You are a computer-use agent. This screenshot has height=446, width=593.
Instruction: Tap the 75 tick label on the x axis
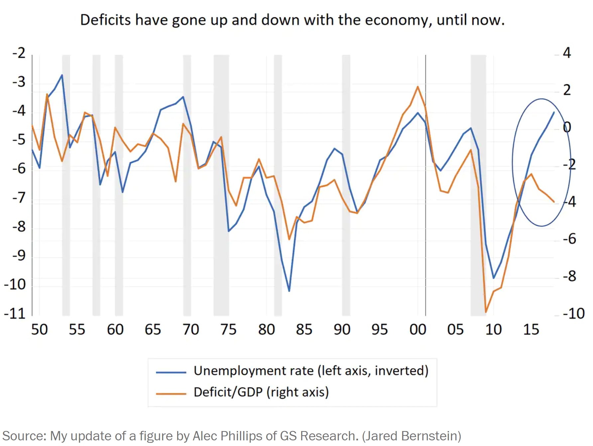[x=228, y=330]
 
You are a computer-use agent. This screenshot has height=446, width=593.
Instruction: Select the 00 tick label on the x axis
[x=418, y=330]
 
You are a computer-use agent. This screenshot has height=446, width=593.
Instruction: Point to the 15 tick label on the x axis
[x=531, y=330]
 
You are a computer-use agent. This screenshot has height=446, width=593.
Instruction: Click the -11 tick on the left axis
[x=15, y=314]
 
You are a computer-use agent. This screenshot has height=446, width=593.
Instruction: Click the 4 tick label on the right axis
[x=567, y=53]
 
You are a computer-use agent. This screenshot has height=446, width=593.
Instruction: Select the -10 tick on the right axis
[x=573, y=314]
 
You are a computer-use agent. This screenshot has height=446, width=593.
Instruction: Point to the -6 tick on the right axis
[x=569, y=239]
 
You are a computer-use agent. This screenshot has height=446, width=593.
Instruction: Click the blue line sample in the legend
[x=171, y=372]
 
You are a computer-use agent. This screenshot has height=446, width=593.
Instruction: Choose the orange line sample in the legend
[x=171, y=394]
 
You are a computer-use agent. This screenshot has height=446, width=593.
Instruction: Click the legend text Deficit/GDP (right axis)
[x=261, y=392]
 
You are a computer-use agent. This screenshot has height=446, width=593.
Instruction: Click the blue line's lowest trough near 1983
[x=289, y=291]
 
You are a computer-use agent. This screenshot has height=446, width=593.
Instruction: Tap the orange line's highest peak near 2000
[x=418, y=87]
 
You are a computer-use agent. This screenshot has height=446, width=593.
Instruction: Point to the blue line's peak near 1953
[x=62, y=75]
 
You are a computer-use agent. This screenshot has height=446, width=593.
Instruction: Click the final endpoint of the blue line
[x=554, y=112]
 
